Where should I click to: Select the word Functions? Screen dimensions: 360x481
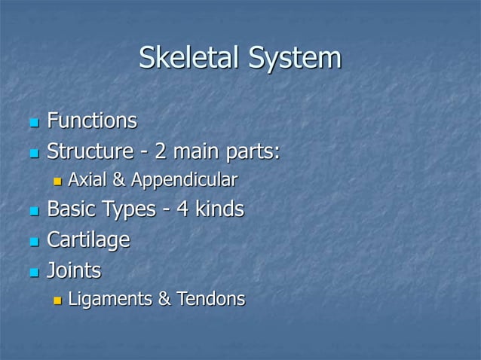[92, 121]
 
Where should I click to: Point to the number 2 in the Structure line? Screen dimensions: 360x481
[161, 151]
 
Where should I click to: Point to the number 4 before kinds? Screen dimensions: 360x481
[182, 209]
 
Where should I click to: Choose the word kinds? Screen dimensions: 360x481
[219, 209]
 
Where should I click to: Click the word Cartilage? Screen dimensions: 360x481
[88, 240]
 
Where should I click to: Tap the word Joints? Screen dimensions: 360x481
[74, 270]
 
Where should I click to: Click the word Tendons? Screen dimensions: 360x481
[211, 299]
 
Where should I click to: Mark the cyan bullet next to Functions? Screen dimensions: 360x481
[32, 122]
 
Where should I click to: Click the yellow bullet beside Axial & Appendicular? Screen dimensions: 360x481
[57, 182]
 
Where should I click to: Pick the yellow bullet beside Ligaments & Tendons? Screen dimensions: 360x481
[57, 301]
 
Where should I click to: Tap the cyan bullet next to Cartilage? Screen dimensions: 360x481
[32, 241]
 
